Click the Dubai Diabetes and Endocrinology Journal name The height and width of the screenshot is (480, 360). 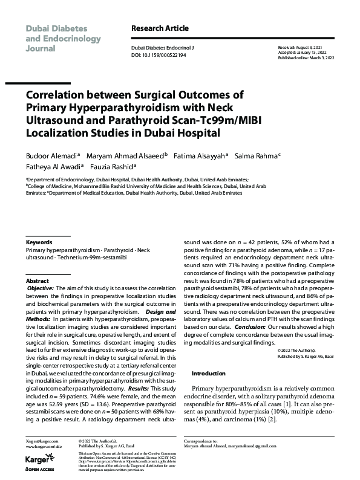pos(56,37)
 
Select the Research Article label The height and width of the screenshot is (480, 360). pos(160,28)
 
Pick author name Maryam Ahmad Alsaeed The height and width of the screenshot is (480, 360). pos(116,155)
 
